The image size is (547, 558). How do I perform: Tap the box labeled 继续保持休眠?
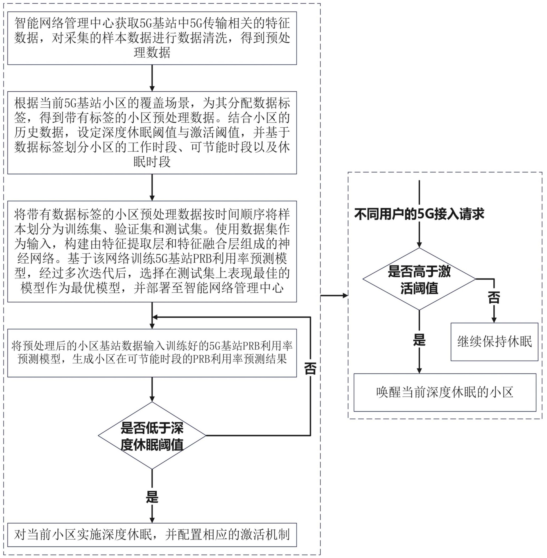click(x=494, y=342)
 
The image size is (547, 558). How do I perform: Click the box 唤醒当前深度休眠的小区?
click(x=444, y=393)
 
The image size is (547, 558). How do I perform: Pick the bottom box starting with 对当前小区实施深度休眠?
click(x=152, y=535)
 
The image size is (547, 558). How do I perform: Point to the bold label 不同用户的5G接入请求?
click(x=419, y=214)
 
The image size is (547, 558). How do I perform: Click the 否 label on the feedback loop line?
click(x=310, y=368)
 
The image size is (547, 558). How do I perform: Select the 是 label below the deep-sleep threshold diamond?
click(x=152, y=497)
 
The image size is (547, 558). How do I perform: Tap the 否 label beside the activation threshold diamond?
click(x=494, y=298)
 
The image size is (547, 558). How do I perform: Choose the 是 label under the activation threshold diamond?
click(x=419, y=340)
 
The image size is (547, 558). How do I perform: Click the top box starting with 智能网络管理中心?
click(x=152, y=38)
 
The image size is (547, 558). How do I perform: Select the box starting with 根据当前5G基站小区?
click(x=152, y=133)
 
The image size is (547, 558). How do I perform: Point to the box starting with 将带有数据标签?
click(x=152, y=251)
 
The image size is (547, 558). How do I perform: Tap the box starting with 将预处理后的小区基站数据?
click(x=152, y=353)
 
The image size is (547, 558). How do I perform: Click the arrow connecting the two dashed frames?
click(x=334, y=295)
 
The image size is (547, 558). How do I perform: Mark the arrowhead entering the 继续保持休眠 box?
click(x=494, y=320)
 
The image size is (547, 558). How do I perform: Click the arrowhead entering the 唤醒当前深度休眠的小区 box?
click(x=419, y=371)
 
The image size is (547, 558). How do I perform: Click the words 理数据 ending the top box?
click(x=152, y=53)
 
